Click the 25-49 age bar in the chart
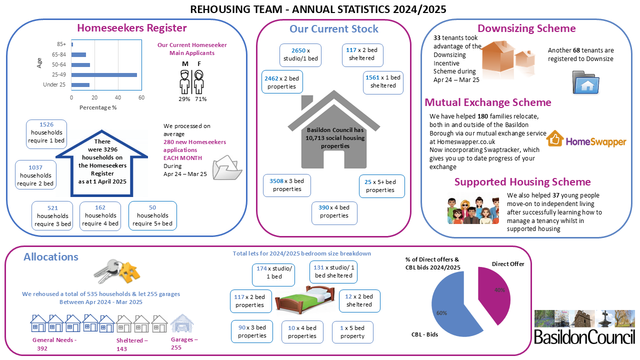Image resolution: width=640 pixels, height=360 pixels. click(x=104, y=75)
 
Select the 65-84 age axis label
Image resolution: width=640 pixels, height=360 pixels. click(x=59, y=54)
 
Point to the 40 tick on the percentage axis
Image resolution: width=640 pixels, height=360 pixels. click(x=117, y=97)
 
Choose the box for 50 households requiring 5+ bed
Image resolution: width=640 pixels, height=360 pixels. click(x=152, y=215)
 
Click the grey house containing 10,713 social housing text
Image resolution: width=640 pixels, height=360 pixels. click(x=333, y=129)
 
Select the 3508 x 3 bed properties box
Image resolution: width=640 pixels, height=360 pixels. click(x=287, y=185)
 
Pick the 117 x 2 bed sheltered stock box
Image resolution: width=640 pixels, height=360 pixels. click(x=362, y=55)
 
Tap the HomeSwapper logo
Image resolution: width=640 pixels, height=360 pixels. click(x=586, y=139)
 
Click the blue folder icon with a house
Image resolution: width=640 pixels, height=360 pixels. click(x=585, y=82)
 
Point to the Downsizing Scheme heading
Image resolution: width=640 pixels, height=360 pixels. click(x=526, y=28)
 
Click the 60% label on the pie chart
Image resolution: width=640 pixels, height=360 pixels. click(x=441, y=313)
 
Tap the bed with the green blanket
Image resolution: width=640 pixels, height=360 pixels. click(x=304, y=299)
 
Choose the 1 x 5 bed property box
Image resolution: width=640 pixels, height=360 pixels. click(x=352, y=332)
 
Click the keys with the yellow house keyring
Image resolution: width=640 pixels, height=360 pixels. click(x=116, y=271)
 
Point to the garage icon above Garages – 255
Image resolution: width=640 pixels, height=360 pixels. click(x=182, y=323)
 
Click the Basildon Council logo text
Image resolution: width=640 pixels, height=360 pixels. click(x=584, y=337)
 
